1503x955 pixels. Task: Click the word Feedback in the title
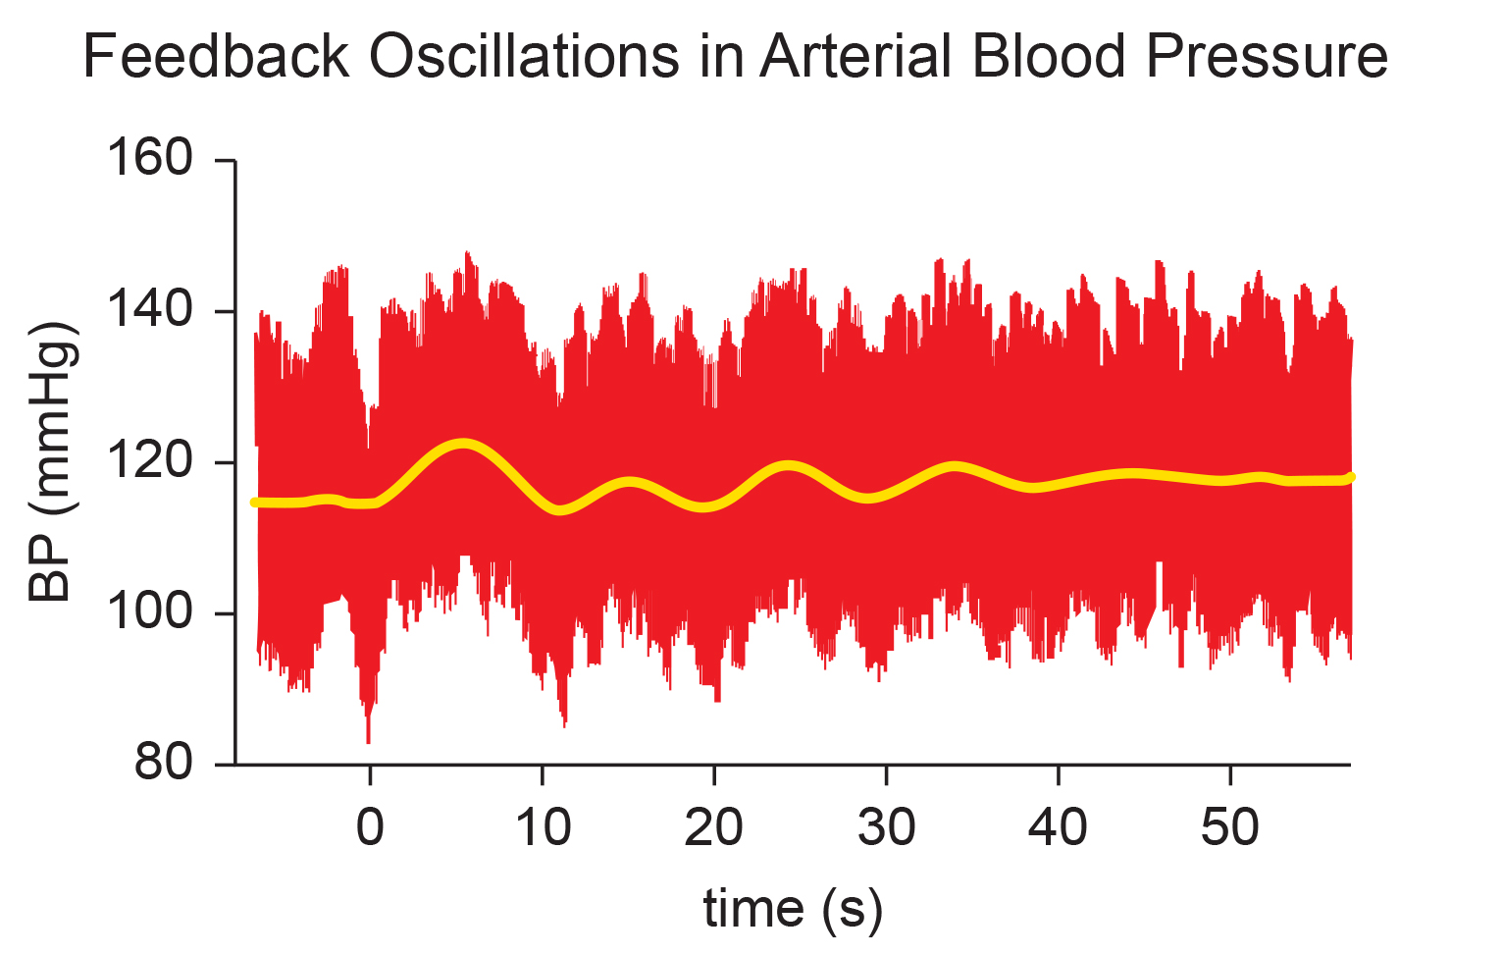point(216,56)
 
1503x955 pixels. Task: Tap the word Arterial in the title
point(855,56)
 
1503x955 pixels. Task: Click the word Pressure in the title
point(1267,56)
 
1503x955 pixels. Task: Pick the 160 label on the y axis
point(150,159)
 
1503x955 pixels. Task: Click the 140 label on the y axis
point(150,310)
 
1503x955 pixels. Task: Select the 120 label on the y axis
point(150,461)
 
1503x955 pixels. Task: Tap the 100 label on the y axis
point(150,612)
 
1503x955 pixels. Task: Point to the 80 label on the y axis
point(164,763)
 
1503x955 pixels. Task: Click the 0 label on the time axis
point(370,826)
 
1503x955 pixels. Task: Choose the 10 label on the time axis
point(543,826)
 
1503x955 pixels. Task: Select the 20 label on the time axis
point(714,826)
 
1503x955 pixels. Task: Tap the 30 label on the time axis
point(886,826)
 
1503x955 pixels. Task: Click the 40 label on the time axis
point(1059,826)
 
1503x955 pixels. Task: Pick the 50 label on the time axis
point(1230,826)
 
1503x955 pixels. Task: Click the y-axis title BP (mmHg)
point(52,461)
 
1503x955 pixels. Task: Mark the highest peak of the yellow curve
point(462,444)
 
